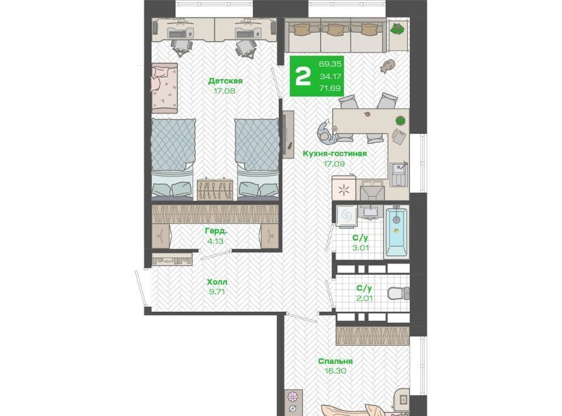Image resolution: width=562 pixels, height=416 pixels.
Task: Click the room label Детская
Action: coord(225,81)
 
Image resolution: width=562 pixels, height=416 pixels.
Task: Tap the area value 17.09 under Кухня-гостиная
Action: coord(334,163)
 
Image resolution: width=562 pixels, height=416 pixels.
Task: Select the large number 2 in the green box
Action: coord(303,76)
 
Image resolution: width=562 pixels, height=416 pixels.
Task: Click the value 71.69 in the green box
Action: coord(330,88)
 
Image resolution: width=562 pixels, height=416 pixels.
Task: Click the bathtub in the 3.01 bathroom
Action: coord(396,231)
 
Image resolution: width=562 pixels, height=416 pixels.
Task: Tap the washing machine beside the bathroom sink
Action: coord(346,216)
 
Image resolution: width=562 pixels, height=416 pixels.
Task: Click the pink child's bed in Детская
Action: coord(165,88)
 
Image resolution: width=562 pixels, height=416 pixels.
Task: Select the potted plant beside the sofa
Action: coord(397,29)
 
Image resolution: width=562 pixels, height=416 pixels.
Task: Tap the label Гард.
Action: coord(216,231)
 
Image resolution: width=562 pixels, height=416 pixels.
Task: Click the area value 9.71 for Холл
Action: coord(217,292)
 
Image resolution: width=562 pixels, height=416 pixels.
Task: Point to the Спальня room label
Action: coord(335,361)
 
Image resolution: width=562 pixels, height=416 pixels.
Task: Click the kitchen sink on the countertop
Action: coord(399,173)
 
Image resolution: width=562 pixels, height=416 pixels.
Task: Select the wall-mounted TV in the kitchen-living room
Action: coord(287,134)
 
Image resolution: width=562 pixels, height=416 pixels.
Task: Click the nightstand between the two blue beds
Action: coord(215,189)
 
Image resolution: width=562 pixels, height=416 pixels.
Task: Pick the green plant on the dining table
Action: coord(400,121)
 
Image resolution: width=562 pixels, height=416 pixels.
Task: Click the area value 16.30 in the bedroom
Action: coord(335,371)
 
